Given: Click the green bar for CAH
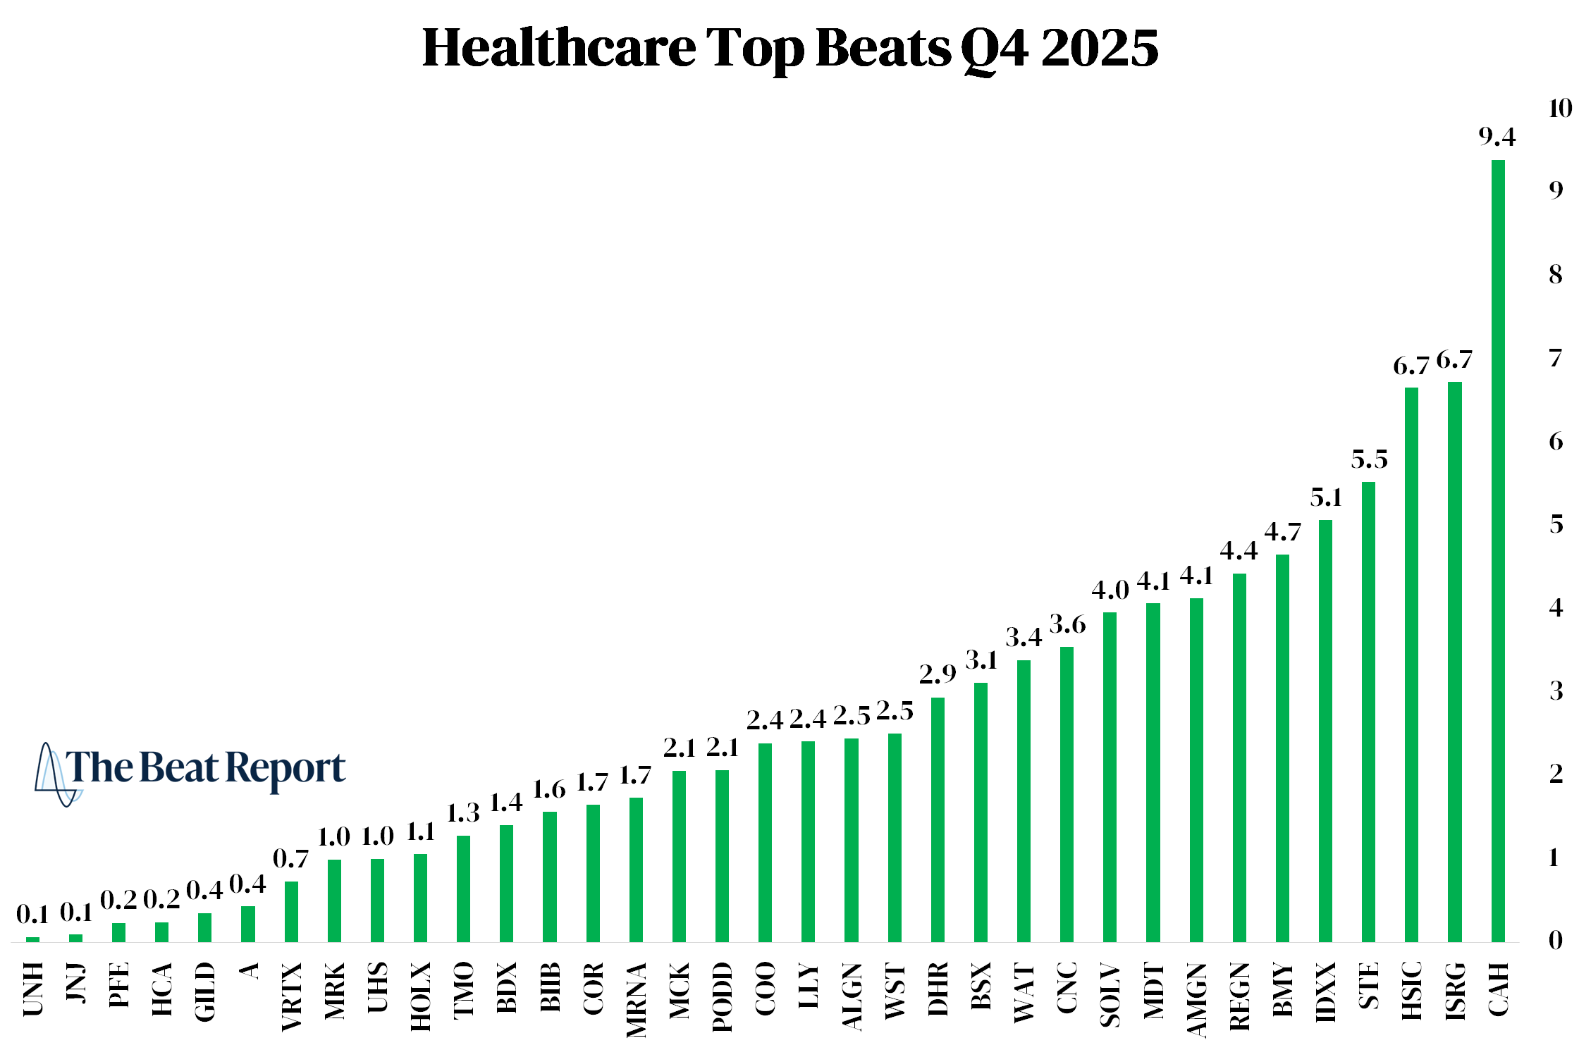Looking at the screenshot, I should [1498, 550].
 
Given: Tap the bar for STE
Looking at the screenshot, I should [1368, 712].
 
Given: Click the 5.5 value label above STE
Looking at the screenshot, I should [1369, 460].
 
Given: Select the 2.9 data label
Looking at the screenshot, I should [938, 675].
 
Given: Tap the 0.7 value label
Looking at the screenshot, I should [290, 859].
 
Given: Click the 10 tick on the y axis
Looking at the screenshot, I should [1560, 109].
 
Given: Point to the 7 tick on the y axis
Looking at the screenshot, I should [1556, 359].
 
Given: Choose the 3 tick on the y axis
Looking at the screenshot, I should [1556, 691].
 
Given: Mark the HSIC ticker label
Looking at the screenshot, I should [1411, 990].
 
